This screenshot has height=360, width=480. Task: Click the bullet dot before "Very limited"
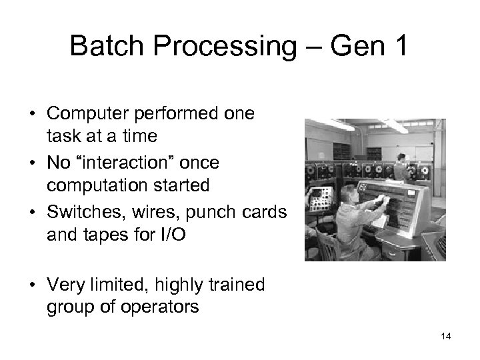point(31,286)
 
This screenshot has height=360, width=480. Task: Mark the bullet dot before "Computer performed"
point(31,114)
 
